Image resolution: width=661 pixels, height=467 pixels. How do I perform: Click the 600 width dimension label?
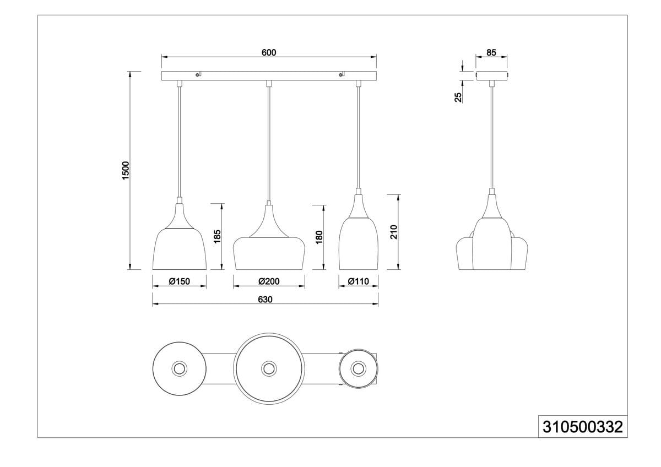[269, 52]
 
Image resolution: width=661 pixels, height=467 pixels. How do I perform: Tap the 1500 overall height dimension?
[126, 170]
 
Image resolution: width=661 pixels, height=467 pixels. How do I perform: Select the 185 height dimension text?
[217, 236]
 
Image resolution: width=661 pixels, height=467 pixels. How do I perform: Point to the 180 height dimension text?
[319, 237]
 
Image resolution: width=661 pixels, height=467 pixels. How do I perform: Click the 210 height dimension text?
[394, 232]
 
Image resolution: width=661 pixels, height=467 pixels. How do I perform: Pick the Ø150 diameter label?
[180, 281]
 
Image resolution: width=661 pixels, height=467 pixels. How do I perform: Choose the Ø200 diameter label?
[269, 281]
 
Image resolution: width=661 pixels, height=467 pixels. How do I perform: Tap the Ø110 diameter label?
[358, 281]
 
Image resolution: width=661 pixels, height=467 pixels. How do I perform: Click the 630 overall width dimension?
[265, 300]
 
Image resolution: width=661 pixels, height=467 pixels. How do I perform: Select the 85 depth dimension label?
[491, 52]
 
